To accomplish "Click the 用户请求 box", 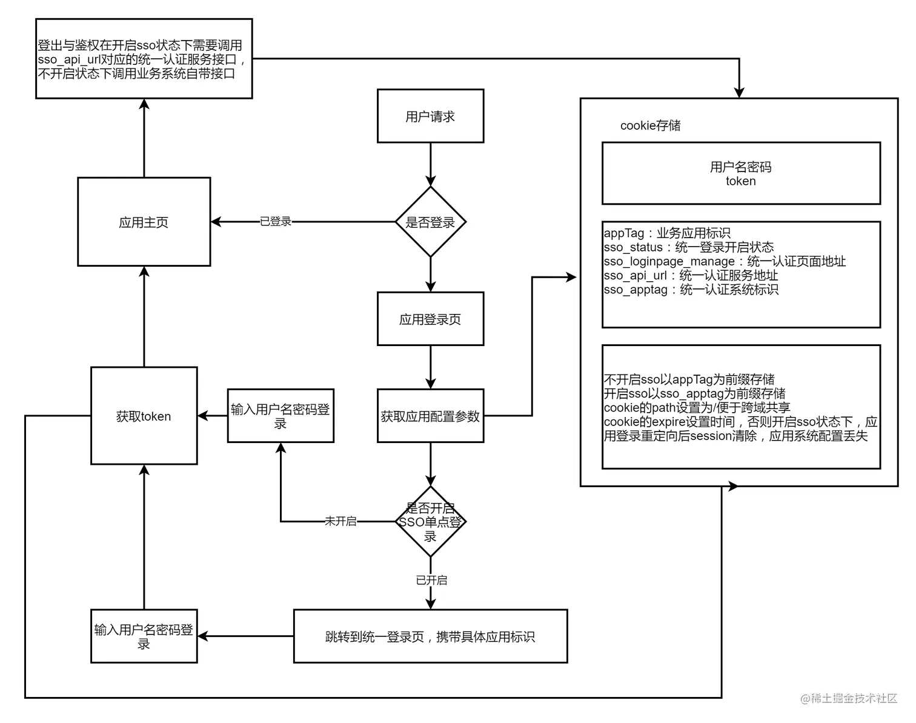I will [x=430, y=116].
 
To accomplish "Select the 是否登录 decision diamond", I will [x=430, y=222].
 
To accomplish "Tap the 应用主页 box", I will [x=144, y=222].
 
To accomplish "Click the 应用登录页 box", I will [x=430, y=319].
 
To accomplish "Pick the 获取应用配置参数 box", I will [x=430, y=416].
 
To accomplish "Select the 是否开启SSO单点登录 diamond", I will [x=430, y=521].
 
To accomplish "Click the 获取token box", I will [x=144, y=416].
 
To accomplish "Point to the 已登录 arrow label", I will [x=276, y=222].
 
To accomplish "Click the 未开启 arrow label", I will [x=340, y=521].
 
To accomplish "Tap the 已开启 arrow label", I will [x=431, y=580].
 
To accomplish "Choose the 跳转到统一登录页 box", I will [x=430, y=636].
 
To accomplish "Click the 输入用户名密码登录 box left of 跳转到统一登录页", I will [x=144, y=636].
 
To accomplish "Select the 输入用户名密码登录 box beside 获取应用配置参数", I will [x=280, y=416].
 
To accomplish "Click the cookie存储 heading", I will [x=650, y=125].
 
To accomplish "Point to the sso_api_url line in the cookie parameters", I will [x=691, y=276].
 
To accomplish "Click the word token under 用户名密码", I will [x=740, y=181].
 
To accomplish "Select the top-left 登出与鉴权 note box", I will [x=144, y=59].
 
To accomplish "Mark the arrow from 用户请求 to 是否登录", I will [x=430, y=164].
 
